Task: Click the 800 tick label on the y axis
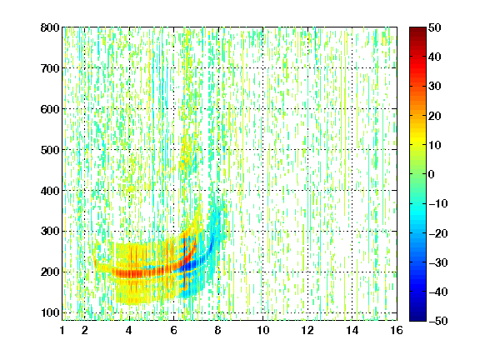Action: click(50, 27)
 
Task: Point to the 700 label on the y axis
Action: click(50, 68)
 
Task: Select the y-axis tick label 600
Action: click(50, 109)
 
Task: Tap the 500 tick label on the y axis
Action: click(50, 150)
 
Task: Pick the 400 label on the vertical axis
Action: click(50, 191)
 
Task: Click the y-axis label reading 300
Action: click(50, 232)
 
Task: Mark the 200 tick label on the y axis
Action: click(50, 272)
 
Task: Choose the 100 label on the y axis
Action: click(50, 312)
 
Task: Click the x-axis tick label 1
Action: click(62, 330)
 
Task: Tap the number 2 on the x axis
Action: click(85, 330)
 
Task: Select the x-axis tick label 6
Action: click(174, 330)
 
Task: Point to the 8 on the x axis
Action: click(218, 330)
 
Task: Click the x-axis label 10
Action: click(263, 330)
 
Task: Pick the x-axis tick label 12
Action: click(307, 330)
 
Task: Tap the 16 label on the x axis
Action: click(397, 330)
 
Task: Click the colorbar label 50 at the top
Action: click(435, 27)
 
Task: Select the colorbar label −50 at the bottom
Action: click(438, 321)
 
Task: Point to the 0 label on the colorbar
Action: click(432, 174)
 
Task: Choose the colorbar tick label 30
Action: click(435, 87)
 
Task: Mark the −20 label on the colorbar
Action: click(438, 233)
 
